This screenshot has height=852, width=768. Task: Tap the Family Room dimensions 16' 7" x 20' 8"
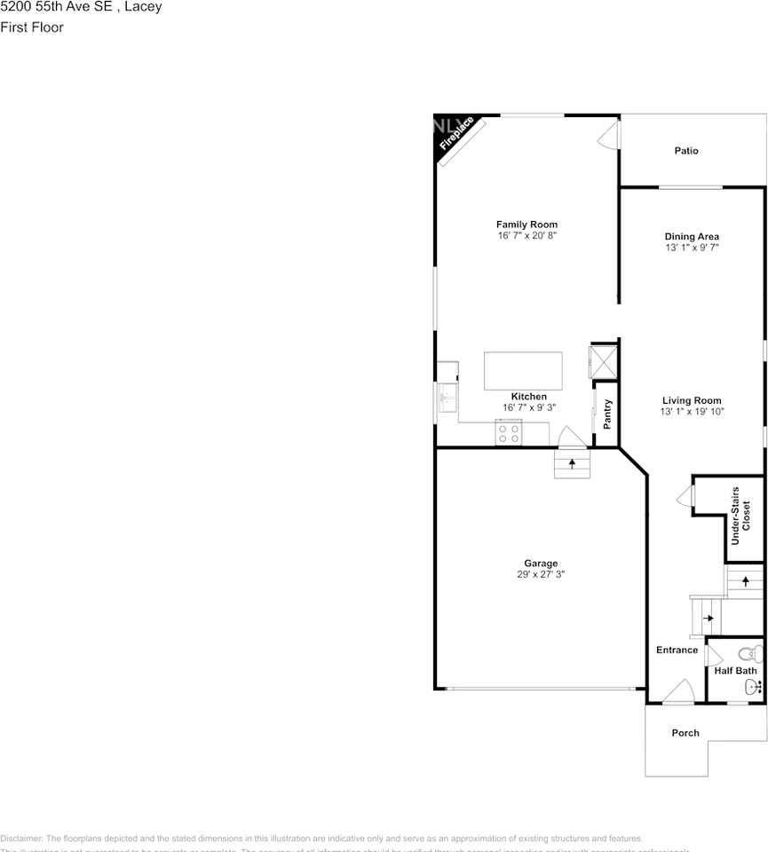(527, 236)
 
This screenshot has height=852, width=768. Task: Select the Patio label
(685, 151)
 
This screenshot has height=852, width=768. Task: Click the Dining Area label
(692, 236)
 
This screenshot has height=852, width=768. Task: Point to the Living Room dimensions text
(692, 412)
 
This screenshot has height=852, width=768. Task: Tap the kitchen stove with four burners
(509, 433)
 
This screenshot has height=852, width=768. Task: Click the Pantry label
(607, 414)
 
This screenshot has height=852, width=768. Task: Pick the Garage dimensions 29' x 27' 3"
(541, 574)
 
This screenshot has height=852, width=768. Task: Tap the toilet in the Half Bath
(751, 654)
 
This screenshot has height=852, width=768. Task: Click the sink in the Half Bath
(751, 685)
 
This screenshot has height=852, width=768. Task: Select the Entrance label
(677, 650)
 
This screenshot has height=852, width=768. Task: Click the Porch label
(685, 733)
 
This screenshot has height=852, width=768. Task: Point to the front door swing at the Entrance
(679, 692)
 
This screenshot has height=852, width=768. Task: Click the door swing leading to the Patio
(607, 137)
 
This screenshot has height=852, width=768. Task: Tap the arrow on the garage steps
(572, 463)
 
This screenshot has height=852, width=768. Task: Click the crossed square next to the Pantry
(603, 362)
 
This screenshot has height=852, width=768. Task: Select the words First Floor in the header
(32, 28)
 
